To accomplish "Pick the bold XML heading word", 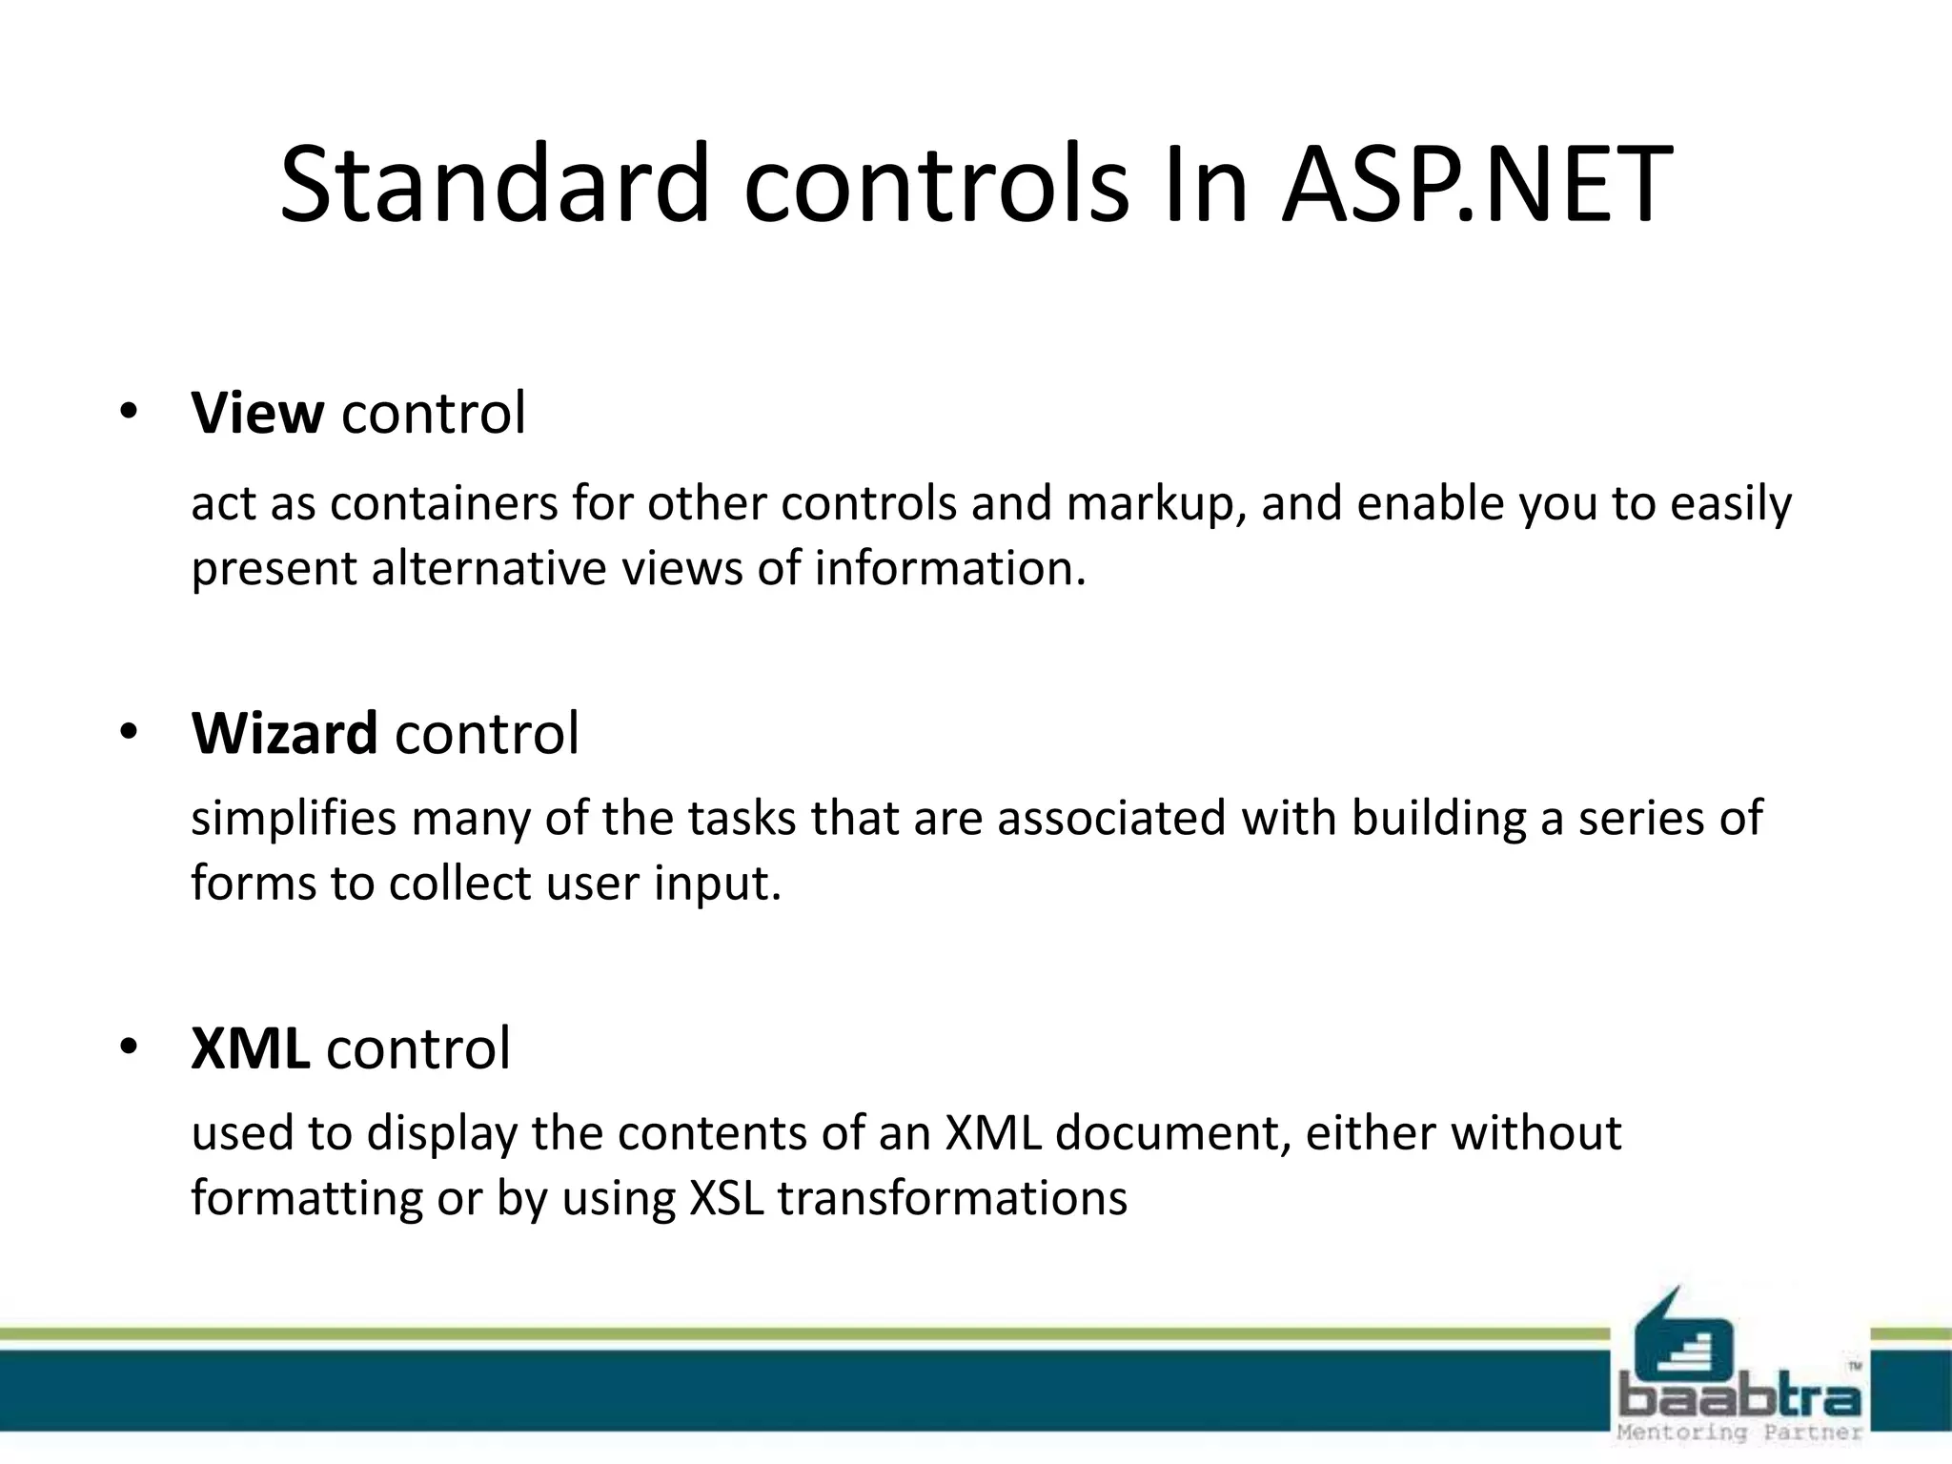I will tap(250, 1048).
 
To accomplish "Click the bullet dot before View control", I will tap(129, 414).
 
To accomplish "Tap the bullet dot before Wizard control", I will tap(129, 733).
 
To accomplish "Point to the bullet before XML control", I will tap(129, 1048).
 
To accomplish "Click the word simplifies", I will tap(293, 819).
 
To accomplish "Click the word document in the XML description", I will tap(1171, 1133).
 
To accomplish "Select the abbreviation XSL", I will tap(725, 1198).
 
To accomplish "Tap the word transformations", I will tap(952, 1198).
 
